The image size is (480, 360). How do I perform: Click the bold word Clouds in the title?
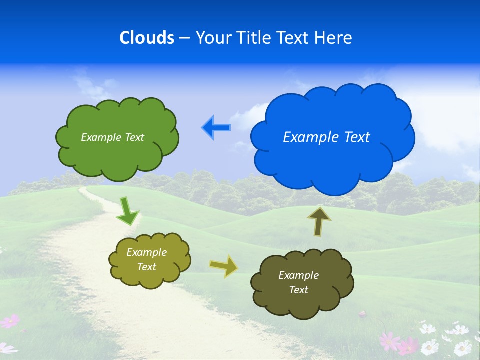point(147,37)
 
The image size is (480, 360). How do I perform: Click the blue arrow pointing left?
point(216,128)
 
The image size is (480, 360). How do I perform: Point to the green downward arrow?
point(127,211)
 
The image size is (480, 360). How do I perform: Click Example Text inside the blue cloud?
point(326,137)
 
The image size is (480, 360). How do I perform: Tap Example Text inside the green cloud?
point(112,137)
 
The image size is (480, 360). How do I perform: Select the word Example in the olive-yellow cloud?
point(146,252)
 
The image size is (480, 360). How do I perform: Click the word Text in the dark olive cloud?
point(298,290)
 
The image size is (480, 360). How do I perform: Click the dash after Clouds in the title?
point(184,37)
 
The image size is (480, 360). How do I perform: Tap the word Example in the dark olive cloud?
point(298,275)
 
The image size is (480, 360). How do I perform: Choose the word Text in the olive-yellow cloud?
point(146,267)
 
